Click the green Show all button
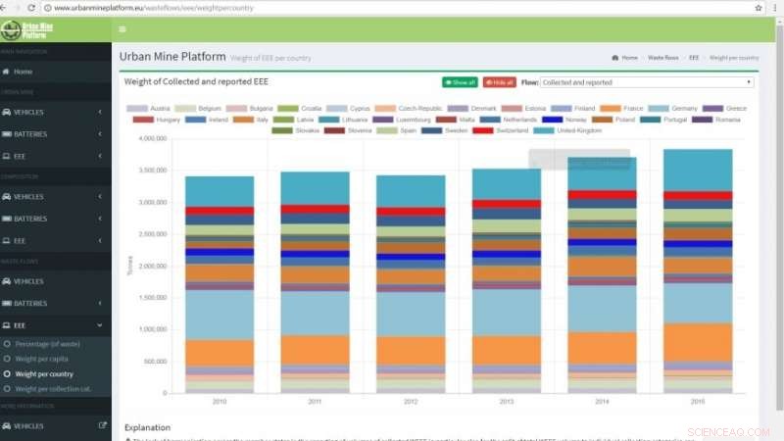tap(460, 83)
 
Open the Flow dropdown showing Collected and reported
tap(647, 83)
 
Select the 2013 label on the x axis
tap(507, 402)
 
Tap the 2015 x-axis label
tap(697, 402)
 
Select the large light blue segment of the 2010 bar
tap(220, 315)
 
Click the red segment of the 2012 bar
tap(411, 212)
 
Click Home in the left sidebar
tap(23, 72)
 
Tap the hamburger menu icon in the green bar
tap(122, 29)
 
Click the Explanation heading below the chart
tap(147, 427)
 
